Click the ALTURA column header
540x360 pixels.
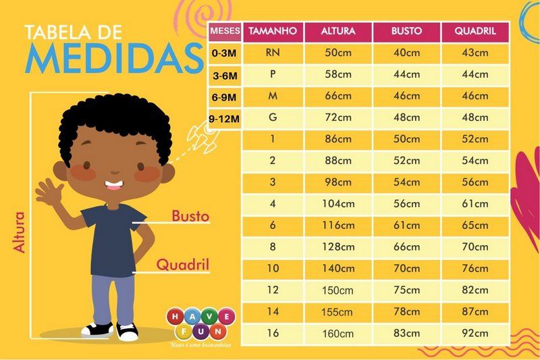click(x=338, y=31)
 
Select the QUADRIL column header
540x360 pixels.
click(x=475, y=31)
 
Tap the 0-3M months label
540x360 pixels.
click(x=224, y=54)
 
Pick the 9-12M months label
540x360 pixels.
click(x=224, y=119)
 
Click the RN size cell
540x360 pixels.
click(x=273, y=53)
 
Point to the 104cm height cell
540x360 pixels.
click(x=338, y=204)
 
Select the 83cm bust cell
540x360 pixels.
click(x=407, y=333)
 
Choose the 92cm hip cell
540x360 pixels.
click(x=475, y=333)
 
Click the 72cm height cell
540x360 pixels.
click(x=338, y=118)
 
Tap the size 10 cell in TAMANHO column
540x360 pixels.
click(x=273, y=268)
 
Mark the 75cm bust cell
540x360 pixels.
click(x=407, y=290)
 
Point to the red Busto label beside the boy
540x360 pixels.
click(x=190, y=216)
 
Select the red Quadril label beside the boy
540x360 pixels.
click(x=183, y=265)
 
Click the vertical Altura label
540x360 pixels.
click(x=20, y=232)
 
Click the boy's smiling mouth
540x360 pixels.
click(x=113, y=185)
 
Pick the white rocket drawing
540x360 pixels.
click(x=203, y=135)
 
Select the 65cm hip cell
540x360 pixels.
click(x=475, y=226)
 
